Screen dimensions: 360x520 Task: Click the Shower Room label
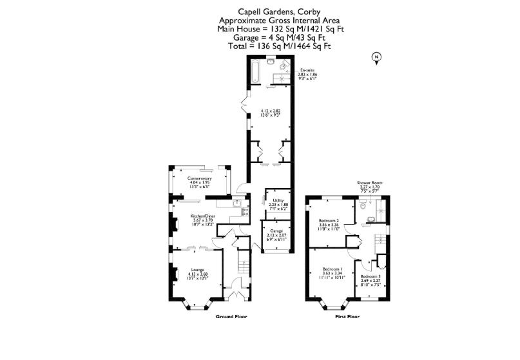tap(370, 183)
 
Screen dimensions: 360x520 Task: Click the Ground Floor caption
tap(231, 317)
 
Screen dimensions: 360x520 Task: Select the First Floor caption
tap(347, 317)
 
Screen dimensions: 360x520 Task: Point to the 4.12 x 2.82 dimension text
tap(270, 111)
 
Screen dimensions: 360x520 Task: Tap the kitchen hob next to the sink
tap(245, 211)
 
